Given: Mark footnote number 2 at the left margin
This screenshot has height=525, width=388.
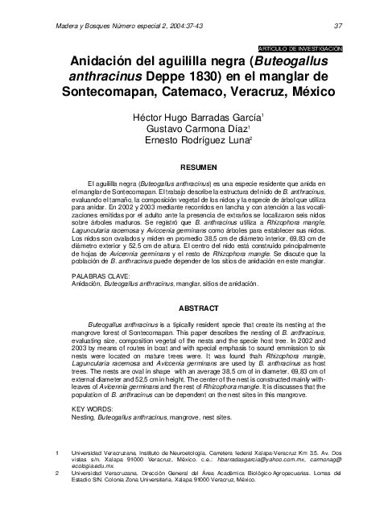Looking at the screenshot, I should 56,473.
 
